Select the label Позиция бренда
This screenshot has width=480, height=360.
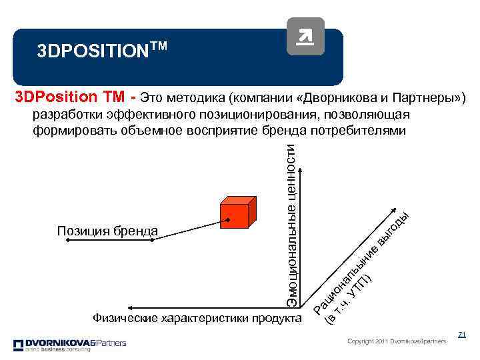[107, 231]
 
